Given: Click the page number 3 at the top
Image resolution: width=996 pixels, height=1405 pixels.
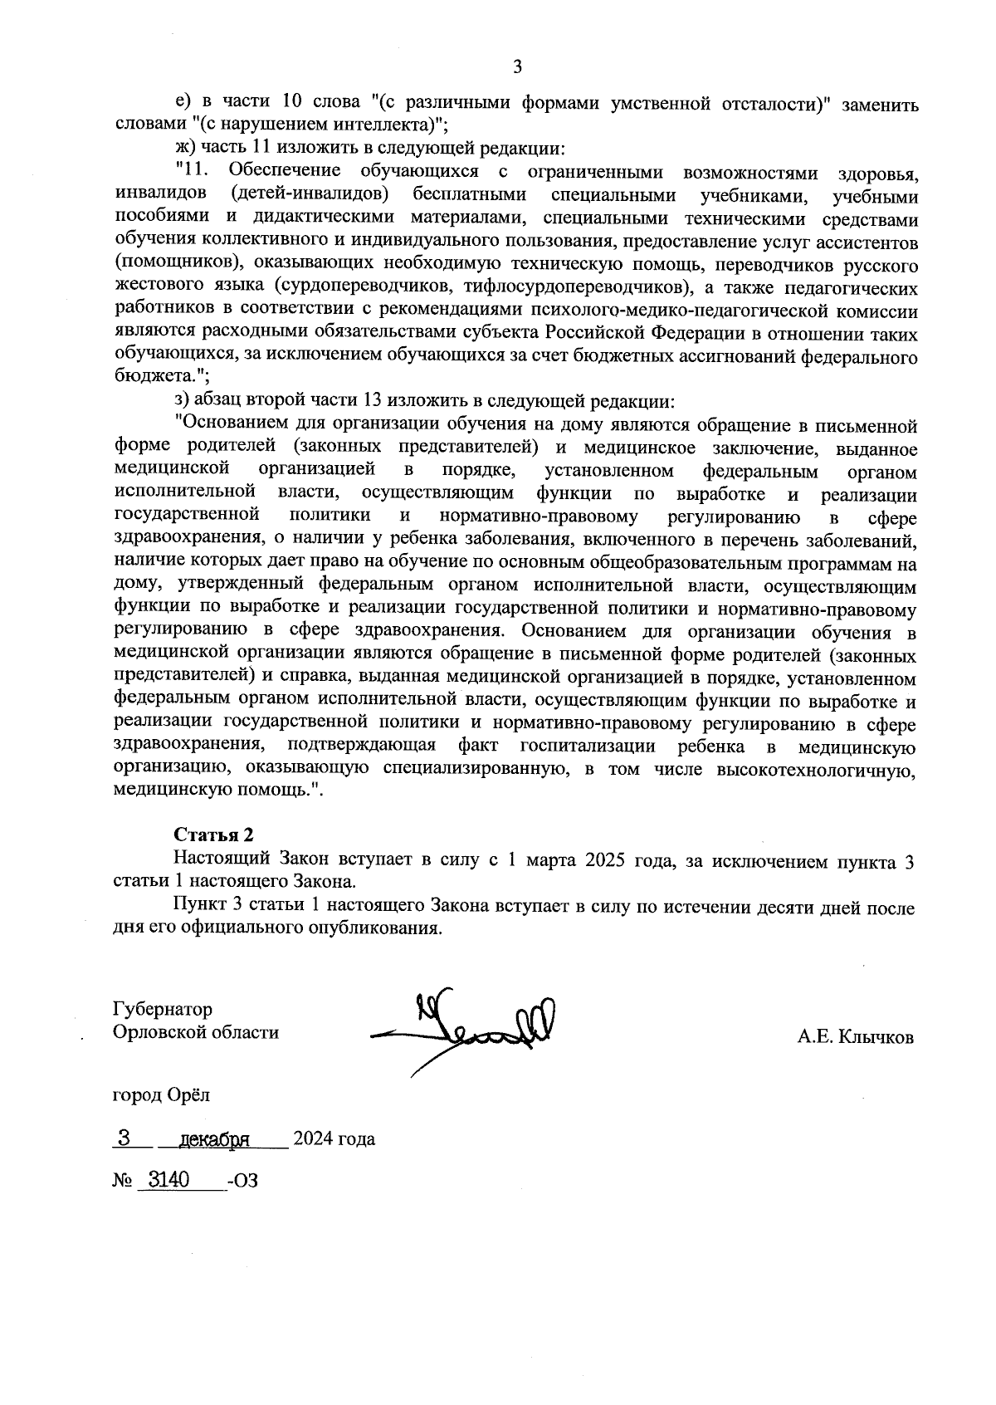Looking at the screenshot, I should click(517, 67).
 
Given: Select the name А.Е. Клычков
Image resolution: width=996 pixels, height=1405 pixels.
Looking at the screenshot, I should click(856, 1037).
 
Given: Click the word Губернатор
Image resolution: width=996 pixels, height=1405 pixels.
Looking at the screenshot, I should click(163, 1009).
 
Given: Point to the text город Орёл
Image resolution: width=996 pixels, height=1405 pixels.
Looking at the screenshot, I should click(161, 1094).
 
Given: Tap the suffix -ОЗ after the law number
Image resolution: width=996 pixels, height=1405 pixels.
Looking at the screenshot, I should click(242, 1181).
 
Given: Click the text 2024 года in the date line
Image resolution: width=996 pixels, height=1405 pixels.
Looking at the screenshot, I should click(333, 1139).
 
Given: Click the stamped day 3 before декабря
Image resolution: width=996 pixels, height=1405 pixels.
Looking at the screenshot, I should click(123, 1138).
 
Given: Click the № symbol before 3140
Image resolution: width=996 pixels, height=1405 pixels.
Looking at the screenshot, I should click(122, 1181).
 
